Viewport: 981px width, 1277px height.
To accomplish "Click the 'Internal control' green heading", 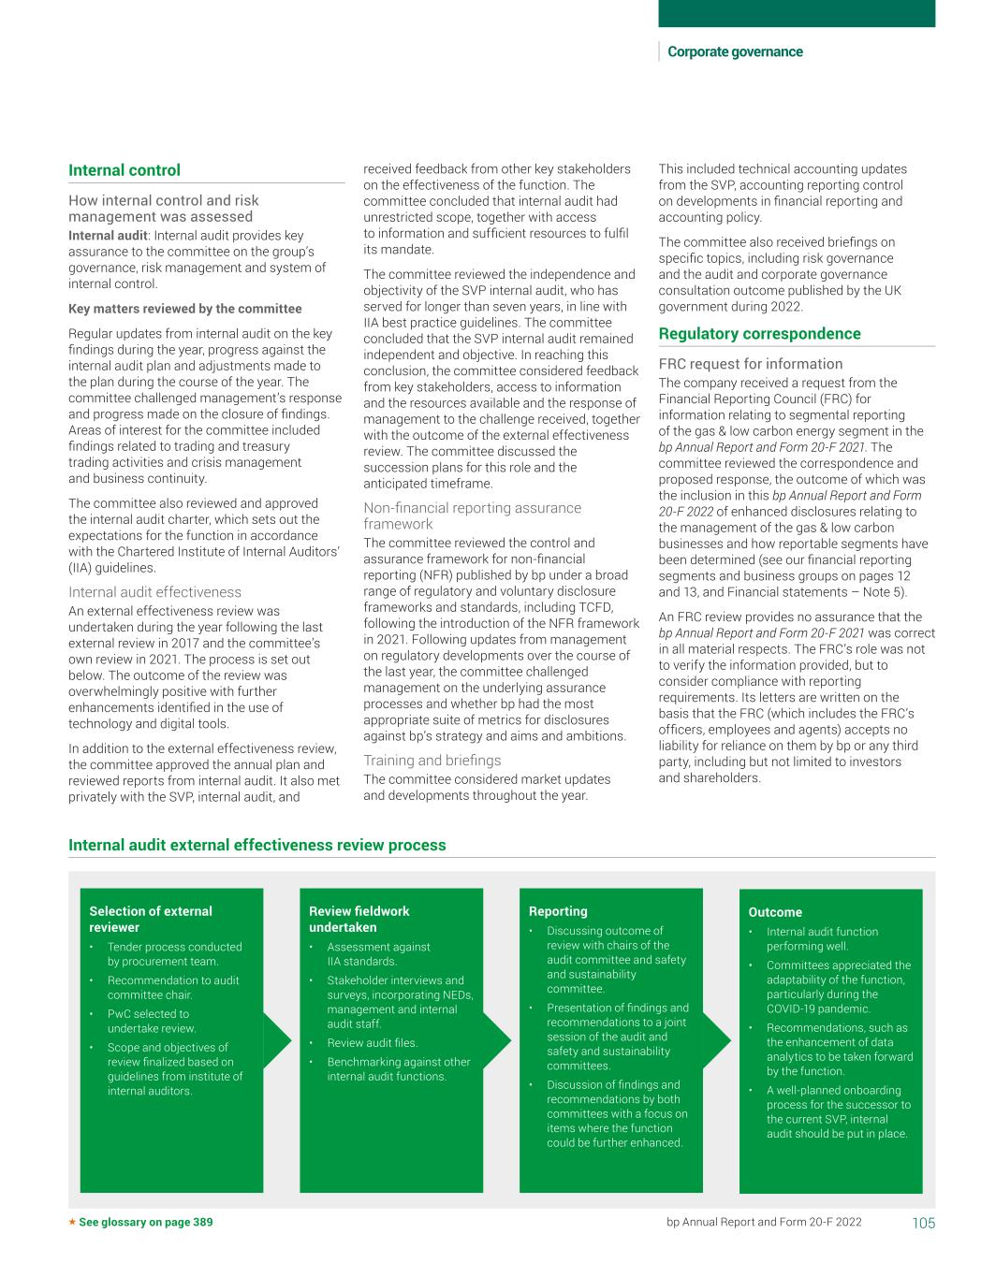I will point(124,170).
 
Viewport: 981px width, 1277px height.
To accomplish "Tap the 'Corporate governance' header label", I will point(735,52).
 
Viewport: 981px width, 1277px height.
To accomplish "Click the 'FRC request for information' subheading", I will point(750,364).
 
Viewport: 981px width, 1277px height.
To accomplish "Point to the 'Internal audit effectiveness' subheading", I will point(154,592).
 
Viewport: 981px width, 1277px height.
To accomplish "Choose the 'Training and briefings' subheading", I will point(432,761).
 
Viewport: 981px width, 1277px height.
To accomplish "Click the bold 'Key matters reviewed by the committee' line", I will point(184,309).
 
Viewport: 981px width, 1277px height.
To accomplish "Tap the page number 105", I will point(923,1223).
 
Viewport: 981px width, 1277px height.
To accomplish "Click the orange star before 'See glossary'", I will point(72,1222).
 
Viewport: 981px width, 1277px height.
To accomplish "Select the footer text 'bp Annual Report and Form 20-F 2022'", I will point(764,1222).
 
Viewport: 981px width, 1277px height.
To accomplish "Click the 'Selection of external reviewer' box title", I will point(151,919).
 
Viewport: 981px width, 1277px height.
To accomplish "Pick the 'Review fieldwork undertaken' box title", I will point(359,919).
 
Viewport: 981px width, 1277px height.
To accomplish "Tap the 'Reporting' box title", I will point(558,911).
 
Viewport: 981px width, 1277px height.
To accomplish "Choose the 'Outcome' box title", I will point(775,912).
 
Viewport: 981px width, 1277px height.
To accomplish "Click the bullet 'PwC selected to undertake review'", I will point(151,1021).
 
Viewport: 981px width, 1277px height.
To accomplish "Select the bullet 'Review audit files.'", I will point(372,1043).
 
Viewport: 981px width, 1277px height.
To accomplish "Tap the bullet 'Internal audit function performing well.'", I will point(822,938).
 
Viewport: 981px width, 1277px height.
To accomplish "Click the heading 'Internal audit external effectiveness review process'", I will point(256,845).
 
